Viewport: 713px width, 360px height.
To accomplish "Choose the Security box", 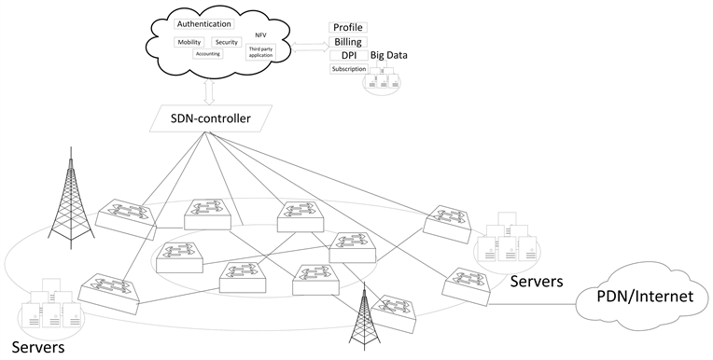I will [226, 43].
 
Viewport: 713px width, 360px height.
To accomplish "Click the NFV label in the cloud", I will [260, 35].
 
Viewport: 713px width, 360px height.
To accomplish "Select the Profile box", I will [348, 28].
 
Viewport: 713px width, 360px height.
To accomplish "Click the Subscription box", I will [348, 69].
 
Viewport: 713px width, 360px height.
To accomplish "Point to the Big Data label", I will [388, 56].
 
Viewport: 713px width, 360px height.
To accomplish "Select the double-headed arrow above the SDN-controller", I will [209, 91].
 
